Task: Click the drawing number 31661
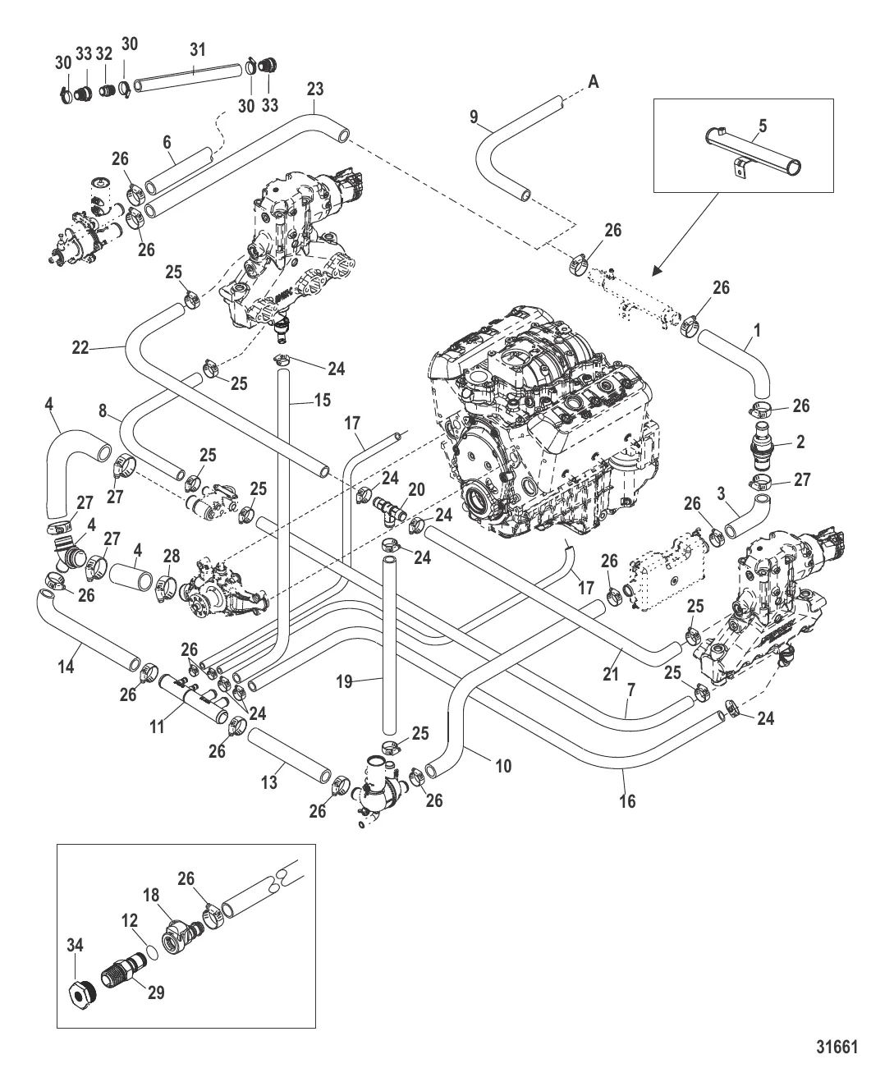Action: tap(836, 1047)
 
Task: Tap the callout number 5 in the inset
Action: tap(763, 127)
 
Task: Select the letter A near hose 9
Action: tap(593, 80)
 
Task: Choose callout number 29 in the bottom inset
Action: tap(156, 992)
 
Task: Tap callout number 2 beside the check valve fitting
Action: tap(800, 442)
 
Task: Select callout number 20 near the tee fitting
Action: tap(417, 489)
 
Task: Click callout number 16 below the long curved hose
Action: tap(627, 801)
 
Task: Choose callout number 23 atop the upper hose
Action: tap(316, 88)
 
